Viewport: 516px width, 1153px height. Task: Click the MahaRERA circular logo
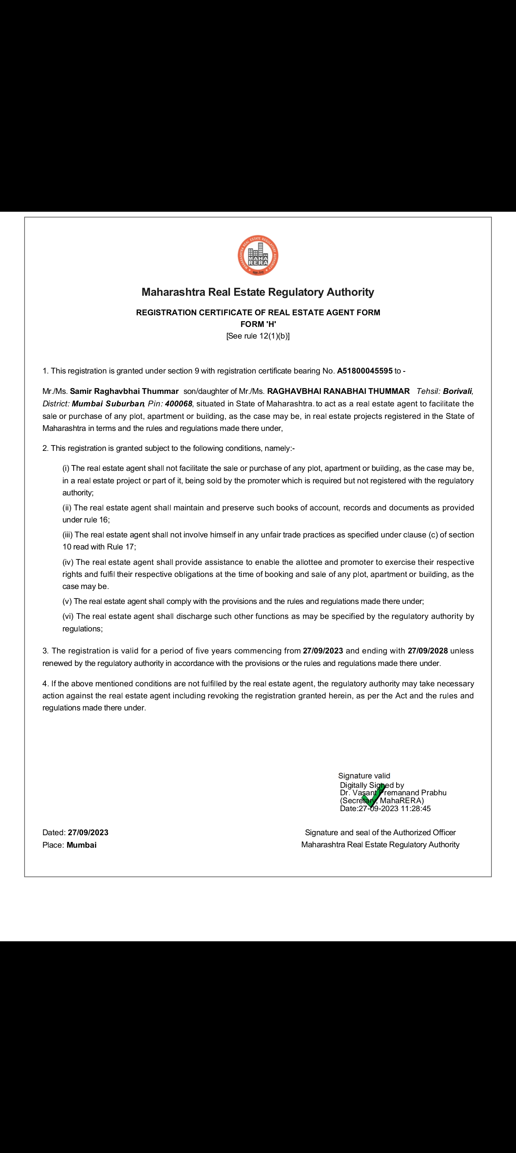258,255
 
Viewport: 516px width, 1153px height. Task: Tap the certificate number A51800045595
365,371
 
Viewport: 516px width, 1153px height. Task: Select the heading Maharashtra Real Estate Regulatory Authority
258,292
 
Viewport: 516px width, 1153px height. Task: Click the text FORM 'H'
258,324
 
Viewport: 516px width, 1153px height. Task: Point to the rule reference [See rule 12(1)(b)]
258,336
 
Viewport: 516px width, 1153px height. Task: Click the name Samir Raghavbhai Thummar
124,391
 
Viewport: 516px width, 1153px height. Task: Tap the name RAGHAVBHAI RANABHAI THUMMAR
338,391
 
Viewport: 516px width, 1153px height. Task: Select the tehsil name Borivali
457,391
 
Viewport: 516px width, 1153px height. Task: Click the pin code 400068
178,404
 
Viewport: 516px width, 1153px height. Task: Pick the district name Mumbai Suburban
107,404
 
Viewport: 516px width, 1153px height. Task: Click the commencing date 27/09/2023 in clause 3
323,651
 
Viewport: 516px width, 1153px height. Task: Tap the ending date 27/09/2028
428,651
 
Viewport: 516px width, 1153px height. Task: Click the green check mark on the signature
373,795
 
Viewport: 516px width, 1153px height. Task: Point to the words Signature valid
364,776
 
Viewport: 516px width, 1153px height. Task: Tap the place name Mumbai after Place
82,845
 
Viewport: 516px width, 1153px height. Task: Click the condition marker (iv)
68,562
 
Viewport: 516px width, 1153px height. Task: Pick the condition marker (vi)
68,616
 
